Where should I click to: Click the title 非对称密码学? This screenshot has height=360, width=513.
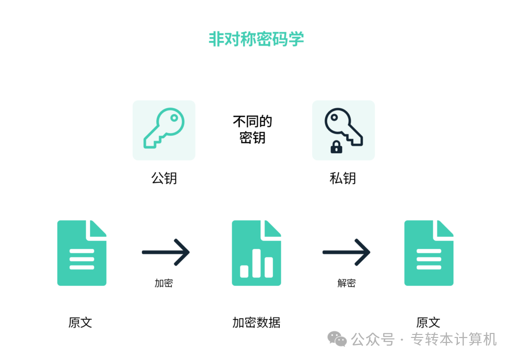pyautogui.click(x=256, y=39)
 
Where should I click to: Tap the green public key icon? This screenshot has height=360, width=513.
pyautogui.click(x=164, y=130)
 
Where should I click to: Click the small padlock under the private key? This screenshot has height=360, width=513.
pyautogui.click(x=336, y=147)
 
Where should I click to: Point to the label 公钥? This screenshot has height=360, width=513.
pyautogui.click(x=164, y=178)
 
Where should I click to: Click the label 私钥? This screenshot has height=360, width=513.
pyautogui.click(x=343, y=178)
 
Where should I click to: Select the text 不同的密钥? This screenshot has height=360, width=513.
pyautogui.click(x=252, y=129)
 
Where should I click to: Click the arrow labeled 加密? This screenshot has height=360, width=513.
pyautogui.click(x=166, y=252)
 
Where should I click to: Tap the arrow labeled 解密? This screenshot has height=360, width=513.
pyautogui.click(x=346, y=252)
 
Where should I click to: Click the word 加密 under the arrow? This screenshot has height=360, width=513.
pyautogui.click(x=164, y=283)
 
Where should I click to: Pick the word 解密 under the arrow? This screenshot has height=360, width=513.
pyautogui.click(x=346, y=283)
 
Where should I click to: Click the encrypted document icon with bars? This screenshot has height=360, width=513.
pyautogui.click(x=256, y=253)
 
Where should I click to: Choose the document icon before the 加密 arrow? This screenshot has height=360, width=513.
pyautogui.click(x=82, y=253)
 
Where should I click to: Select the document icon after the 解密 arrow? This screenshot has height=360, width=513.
pyautogui.click(x=428, y=253)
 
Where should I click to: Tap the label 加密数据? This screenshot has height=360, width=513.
pyautogui.click(x=256, y=322)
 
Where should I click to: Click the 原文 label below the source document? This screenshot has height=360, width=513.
pyautogui.click(x=80, y=322)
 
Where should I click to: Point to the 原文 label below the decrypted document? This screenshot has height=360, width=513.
pyautogui.click(x=428, y=322)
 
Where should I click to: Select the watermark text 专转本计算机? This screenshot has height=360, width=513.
pyautogui.click(x=454, y=339)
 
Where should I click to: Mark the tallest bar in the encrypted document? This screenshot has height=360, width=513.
pyautogui.click(x=256, y=263)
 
